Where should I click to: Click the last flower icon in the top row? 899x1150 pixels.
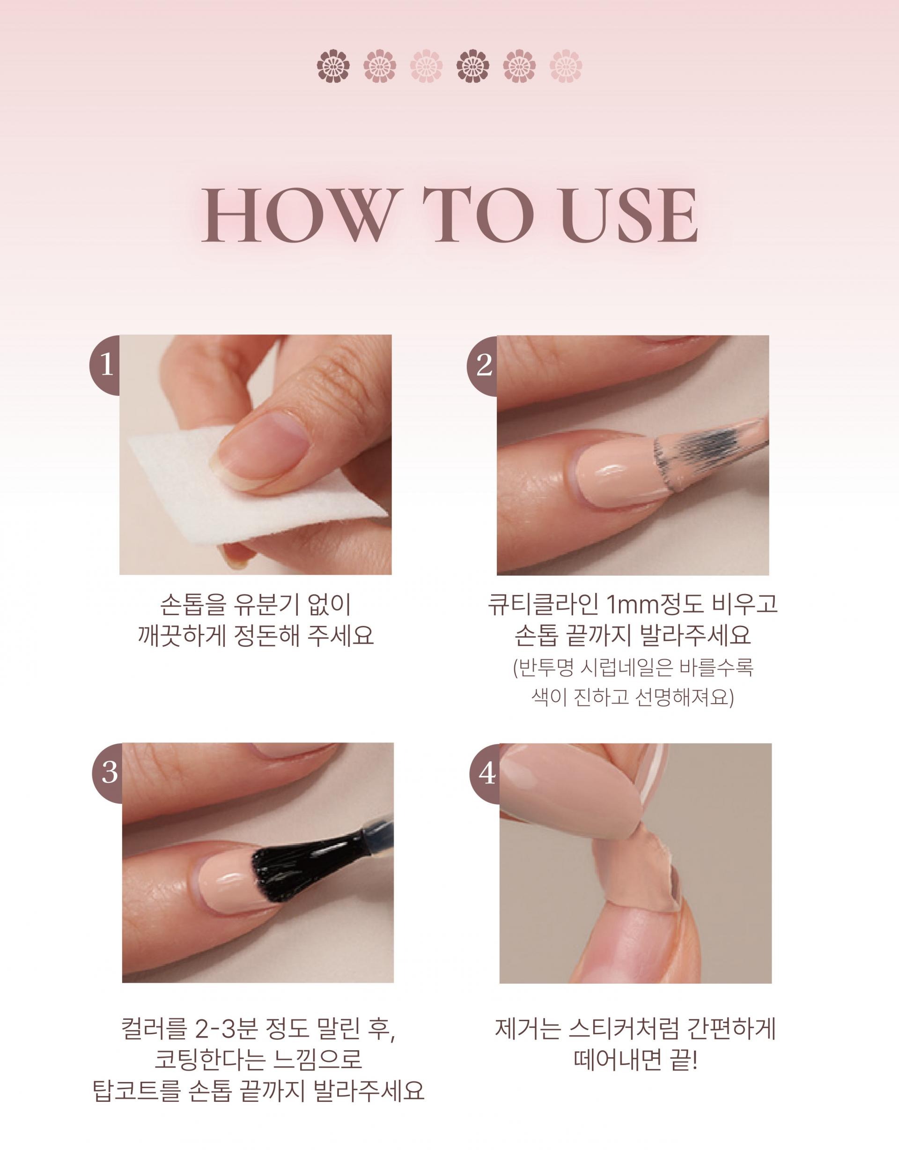565,67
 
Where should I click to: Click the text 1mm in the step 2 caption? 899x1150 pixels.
636,606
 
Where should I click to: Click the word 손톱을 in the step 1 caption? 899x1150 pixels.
192,606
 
